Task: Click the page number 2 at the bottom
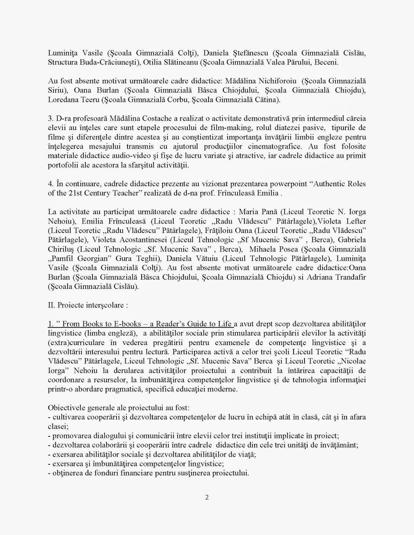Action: coord(207,497)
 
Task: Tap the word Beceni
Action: coord(327,63)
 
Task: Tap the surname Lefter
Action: coord(354,221)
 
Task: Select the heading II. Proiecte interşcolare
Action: coord(88,305)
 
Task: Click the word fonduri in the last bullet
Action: coord(100,473)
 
